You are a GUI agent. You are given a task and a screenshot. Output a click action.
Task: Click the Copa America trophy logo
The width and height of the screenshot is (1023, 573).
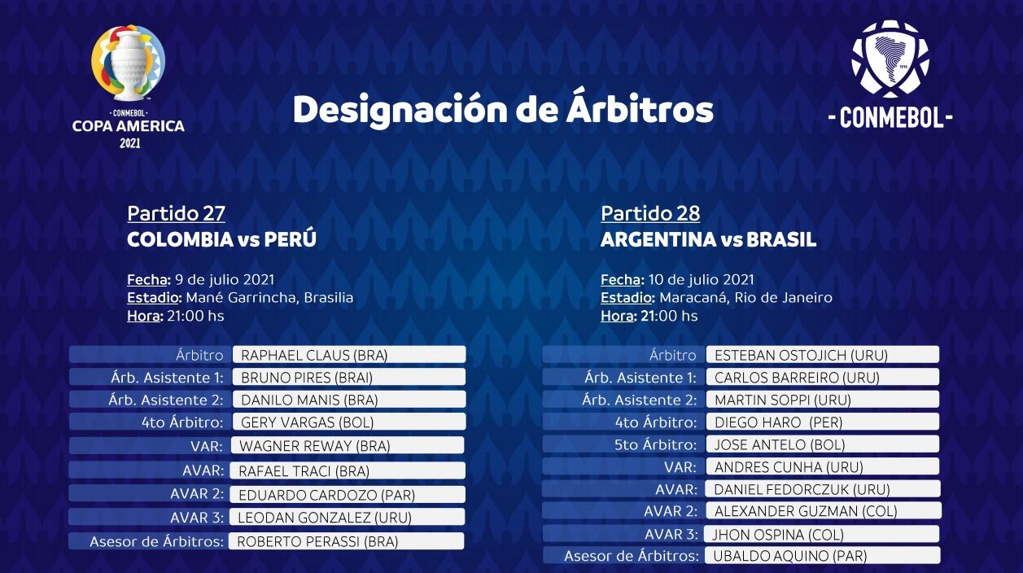tap(129, 63)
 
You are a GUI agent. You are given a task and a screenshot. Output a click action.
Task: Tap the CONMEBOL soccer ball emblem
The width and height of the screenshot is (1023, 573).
tap(890, 59)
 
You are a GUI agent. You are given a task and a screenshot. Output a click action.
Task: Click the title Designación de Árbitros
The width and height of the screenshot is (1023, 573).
tap(503, 110)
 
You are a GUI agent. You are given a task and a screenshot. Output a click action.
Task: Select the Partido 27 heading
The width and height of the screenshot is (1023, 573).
tap(176, 213)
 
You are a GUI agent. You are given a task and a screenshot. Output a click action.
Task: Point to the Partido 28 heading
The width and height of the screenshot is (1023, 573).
tap(650, 213)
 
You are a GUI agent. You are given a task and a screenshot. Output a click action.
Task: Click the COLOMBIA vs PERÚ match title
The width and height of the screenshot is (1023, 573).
tap(221, 239)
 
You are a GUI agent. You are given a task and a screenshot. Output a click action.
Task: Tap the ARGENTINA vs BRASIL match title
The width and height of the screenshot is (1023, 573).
tap(708, 240)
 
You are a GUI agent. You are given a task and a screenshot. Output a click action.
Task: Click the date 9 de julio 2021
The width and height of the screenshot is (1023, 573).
tap(225, 279)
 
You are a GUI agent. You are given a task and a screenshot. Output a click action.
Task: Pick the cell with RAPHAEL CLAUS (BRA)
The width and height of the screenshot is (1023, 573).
tap(349, 355)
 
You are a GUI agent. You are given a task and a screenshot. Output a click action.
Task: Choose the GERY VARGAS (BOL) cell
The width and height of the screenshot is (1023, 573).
tap(349, 422)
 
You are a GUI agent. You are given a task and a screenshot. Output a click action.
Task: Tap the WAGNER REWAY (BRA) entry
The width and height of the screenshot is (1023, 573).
tap(348, 445)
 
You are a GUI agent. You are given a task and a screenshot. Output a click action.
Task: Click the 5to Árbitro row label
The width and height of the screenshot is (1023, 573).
tap(655, 444)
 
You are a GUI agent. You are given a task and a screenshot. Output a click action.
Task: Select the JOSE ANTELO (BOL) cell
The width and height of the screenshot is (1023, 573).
tap(823, 444)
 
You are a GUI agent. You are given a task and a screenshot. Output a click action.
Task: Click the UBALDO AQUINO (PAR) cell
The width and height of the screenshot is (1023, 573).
tap(822, 556)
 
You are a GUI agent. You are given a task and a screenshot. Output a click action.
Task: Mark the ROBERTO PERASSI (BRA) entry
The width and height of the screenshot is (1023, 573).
tap(346, 541)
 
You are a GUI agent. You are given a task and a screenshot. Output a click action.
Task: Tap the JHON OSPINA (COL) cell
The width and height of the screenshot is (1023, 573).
tap(822, 534)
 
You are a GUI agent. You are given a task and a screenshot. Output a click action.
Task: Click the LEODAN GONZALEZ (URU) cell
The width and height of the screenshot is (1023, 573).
tap(347, 518)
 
